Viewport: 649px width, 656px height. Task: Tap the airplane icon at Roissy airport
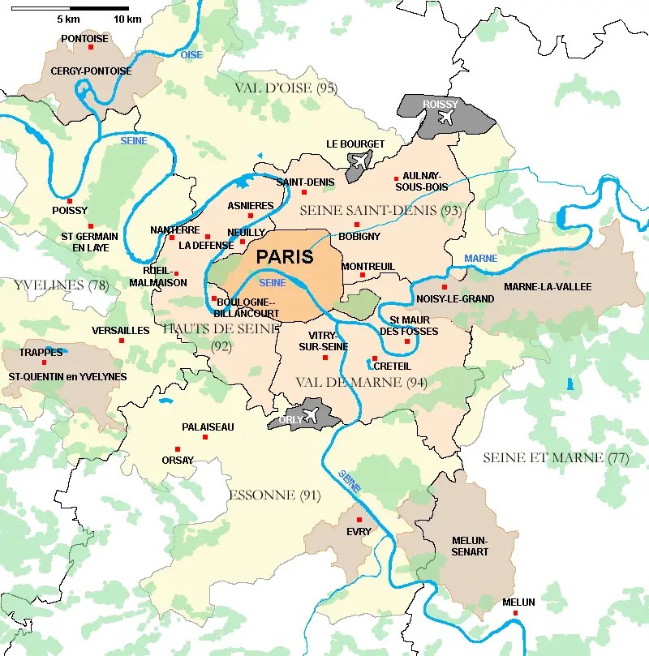pyautogui.click(x=446, y=117)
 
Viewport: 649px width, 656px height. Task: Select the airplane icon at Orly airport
pyautogui.click(x=309, y=416)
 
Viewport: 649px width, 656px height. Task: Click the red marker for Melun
pyautogui.click(x=516, y=614)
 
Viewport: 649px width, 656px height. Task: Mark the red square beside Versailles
pyautogui.click(x=122, y=340)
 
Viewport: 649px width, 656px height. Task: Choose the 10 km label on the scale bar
pyautogui.click(x=127, y=19)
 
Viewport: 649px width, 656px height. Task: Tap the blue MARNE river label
pyautogui.click(x=480, y=259)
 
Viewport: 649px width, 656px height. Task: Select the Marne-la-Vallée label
pyautogui.click(x=548, y=287)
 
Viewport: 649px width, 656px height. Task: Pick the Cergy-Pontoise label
pyautogui.click(x=91, y=71)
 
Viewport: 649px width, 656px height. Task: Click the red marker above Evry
pyautogui.click(x=359, y=519)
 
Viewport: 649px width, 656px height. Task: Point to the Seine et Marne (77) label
pyautogui.click(x=556, y=457)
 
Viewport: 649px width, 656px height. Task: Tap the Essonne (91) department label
pyautogui.click(x=274, y=495)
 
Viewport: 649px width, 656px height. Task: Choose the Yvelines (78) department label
pyautogui.click(x=62, y=285)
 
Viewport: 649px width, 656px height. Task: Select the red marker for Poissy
pyautogui.click(x=70, y=201)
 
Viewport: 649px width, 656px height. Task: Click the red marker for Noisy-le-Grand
pyautogui.click(x=444, y=287)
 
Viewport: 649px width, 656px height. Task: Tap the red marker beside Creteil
pyautogui.click(x=375, y=358)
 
